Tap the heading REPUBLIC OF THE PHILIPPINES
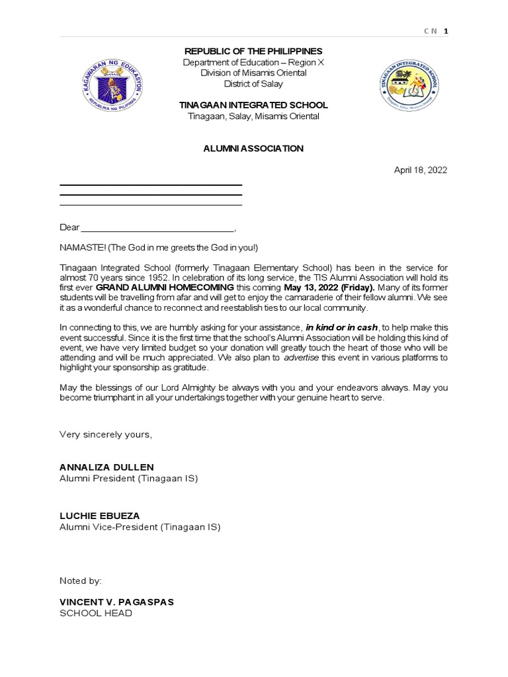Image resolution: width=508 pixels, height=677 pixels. point(253,51)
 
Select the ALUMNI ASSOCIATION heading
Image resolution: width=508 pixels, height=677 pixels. point(253,149)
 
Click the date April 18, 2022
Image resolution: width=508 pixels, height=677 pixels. point(421,170)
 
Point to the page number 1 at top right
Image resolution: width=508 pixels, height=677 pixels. point(446,32)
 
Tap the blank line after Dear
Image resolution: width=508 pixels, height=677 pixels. point(157,227)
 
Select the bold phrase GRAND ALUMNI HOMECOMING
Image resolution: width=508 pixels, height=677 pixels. point(165,288)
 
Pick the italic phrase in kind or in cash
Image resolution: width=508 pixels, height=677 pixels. point(342,327)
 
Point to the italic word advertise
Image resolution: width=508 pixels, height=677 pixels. point(303,358)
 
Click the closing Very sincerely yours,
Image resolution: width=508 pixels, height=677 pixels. point(106,434)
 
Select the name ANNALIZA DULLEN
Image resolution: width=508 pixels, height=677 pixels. point(106,467)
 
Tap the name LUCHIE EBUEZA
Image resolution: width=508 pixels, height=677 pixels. point(100,516)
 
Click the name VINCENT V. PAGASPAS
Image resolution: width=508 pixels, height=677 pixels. point(117,602)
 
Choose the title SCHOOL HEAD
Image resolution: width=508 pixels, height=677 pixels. point(96,613)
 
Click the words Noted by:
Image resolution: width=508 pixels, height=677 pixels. point(81,580)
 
